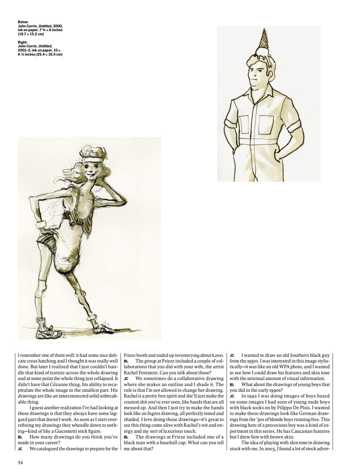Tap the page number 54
(20, 463)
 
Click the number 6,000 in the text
(218, 355)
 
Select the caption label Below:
(23, 22)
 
